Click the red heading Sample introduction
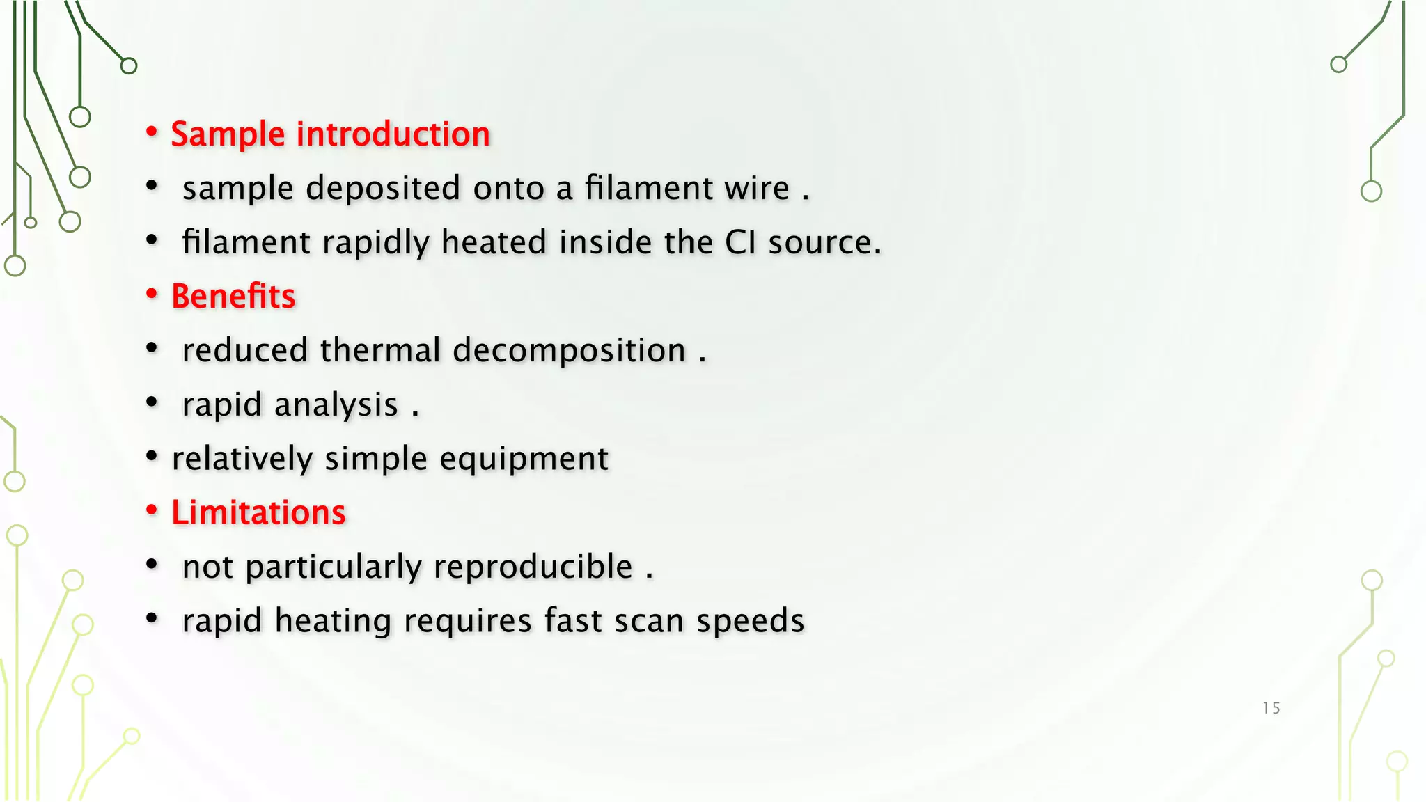point(330,134)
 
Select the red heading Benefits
point(233,297)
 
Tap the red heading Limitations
point(258,513)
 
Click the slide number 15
point(1271,708)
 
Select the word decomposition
point(569,350)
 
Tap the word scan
point(648,621)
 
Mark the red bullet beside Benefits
point(152,294)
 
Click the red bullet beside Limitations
point(152,511)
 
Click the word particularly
point(334,567)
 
